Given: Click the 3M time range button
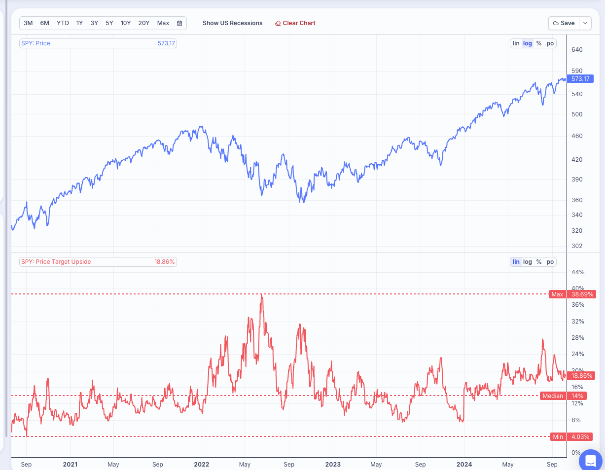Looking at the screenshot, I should coord(28,23).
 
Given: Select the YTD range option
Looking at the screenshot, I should coord(63,23).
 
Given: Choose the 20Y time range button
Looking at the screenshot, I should coord(144,23).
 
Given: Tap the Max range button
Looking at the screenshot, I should coord(163,23).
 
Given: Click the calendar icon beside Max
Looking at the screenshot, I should coord(179,23).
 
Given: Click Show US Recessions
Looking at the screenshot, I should coord(232,23).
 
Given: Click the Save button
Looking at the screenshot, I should coord(564,23).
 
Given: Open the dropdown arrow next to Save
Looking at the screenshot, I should coord(585,23).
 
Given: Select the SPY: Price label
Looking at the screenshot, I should coord(36,43).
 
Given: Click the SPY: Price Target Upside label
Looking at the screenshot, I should coord(56,262).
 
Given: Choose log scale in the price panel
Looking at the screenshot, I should coord(528,43).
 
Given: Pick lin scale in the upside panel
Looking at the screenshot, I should coord(516,262).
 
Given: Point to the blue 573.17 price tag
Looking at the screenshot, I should coord(580,79).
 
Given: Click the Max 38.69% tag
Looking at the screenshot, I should coord(572,294).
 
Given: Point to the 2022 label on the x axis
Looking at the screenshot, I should coord(202,465).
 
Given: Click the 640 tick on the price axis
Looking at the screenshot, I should coord(577,50).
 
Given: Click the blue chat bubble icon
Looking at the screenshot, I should coord(590,460).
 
